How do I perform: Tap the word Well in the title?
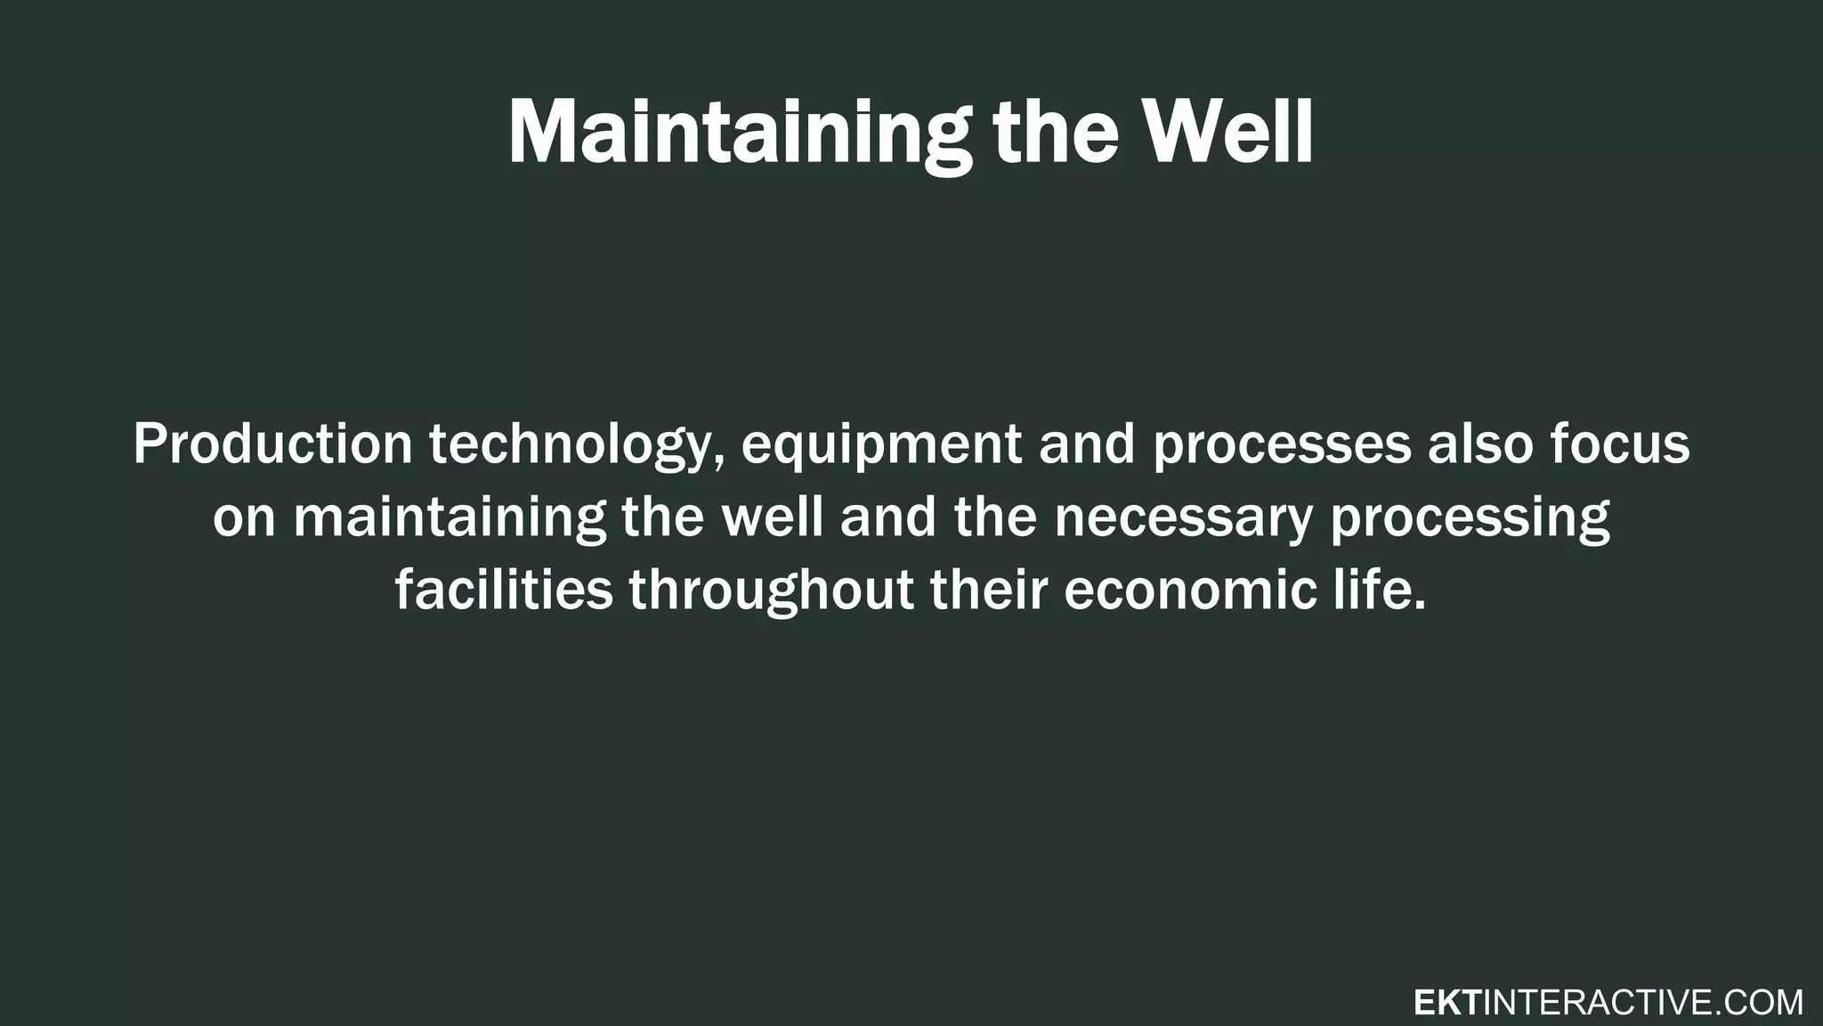point(1227,132)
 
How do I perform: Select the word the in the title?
point(1056,132)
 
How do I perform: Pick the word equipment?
point(881,445)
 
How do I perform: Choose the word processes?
point(1282,445)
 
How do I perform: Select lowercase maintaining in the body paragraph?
point(450,517)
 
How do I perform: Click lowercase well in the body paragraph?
point(772,517)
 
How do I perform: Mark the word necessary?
point(1183,519)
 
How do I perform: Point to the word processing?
point(1470,519)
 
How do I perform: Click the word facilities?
point(504,590)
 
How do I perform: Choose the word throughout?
point(772,591)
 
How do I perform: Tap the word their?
point(988,590)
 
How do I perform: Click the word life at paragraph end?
point(1378,590)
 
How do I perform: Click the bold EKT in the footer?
point(1447,1003)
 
